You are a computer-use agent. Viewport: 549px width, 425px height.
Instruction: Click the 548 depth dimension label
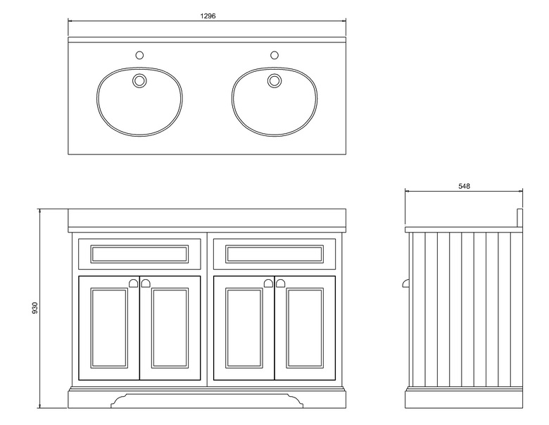[x=463, y=186]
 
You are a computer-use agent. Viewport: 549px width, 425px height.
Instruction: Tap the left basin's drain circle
[x=139, y=80]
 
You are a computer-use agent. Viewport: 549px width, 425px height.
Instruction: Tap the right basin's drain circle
[x=274, y=80]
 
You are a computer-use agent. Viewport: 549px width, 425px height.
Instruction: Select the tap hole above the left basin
[x=139, y=54]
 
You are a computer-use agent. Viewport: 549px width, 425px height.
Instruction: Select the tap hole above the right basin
[x=274, y=54]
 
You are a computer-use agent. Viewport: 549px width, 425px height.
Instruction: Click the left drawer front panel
[x=139, y=254]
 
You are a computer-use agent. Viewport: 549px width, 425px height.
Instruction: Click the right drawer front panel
[x=274, y=254]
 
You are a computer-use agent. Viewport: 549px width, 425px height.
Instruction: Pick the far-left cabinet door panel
[x=109, y=328]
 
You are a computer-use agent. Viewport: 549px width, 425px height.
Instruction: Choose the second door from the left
[x=170, y=328]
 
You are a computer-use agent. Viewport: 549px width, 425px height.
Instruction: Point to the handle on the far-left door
[x=132, y=283]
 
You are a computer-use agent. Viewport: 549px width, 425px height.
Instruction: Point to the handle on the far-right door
[x=281, y=283]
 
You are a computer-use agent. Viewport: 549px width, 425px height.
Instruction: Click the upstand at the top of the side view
[x=519, y=216]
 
